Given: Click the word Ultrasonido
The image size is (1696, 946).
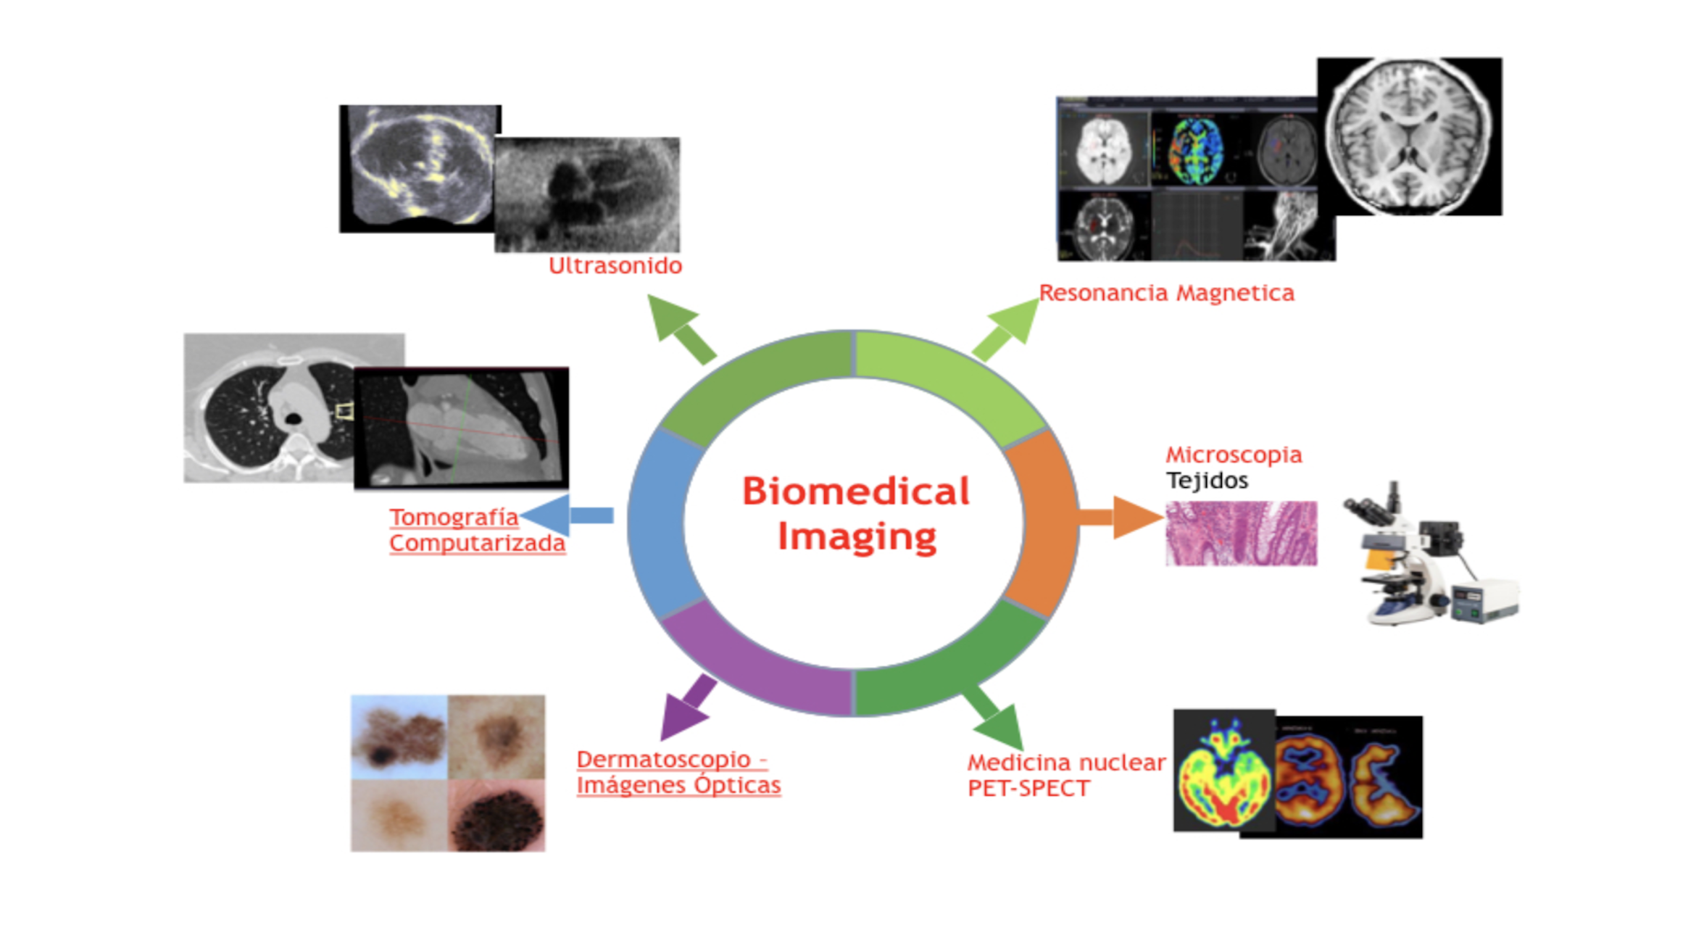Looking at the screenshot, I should pyautogui.click(x=615, y=266).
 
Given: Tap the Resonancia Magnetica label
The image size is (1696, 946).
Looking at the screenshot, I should pyautogui.click(x=1166, y=293).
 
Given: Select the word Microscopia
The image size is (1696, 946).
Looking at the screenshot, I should pyautogui.click(x=1234, y=455).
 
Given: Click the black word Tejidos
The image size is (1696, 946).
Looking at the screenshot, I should pyautogui.click(x=1207, y=481).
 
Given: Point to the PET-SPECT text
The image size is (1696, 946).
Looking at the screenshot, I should pyautogui.click(x=1028, y=789).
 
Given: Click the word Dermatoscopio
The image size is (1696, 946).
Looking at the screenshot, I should pyautogui.click(x=663, y=760).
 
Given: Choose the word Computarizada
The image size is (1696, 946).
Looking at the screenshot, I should pyautogui.click(x=477, y=544).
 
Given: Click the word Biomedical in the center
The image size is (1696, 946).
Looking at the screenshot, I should pyautogui.click(x=855, y=491).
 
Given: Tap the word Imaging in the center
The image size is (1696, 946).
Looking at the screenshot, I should pyautogui.click(x=857, y=537).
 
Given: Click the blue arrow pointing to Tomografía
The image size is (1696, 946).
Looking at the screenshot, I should pyautogui.click(x=565, y=515).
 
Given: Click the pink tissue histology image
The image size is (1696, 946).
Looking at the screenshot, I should pyautogui.click(x=1241, y=534).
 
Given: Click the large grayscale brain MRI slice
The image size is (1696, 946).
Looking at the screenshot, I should pyautogui.click(x=1409, y=136).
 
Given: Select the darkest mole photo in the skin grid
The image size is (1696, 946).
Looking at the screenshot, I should pyautogui.click(x=496, y=816).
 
